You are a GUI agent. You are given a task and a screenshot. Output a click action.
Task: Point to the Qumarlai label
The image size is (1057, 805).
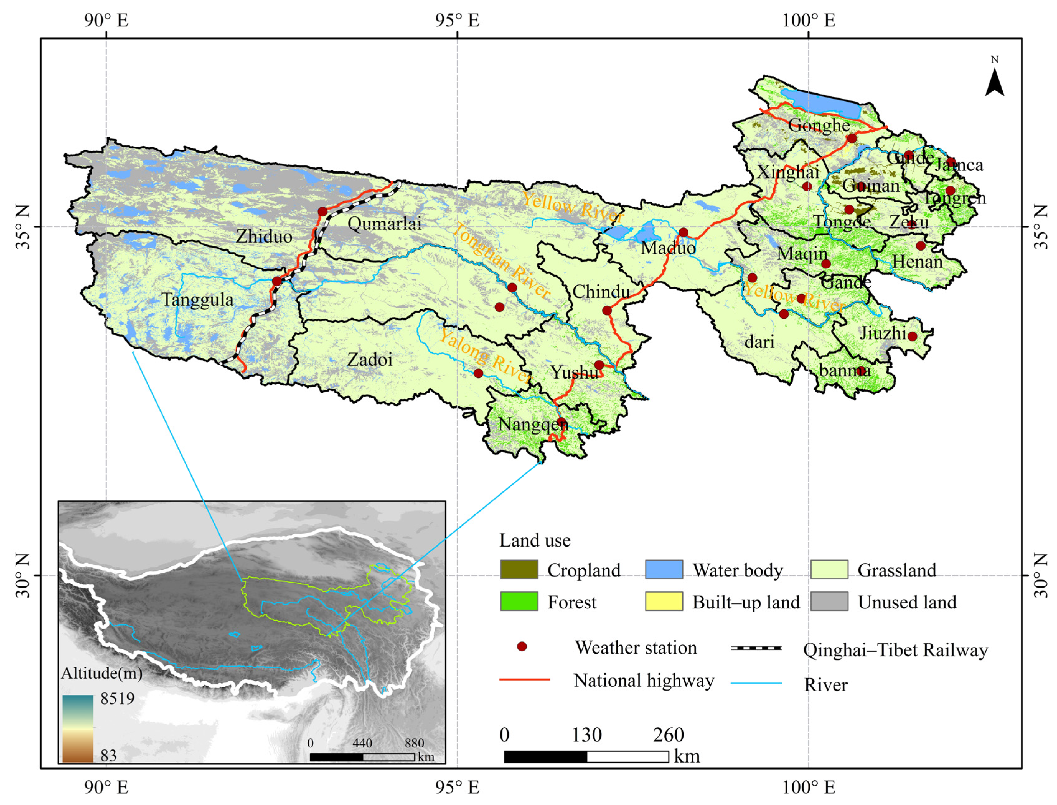pyautogui.click(x=384, y=224)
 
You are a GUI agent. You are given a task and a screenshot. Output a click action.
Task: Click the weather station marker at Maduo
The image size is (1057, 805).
pyautogui.click(x=684, y=233)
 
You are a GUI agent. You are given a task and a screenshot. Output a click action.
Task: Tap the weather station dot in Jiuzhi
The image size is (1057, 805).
pyautogui.click(x=912, y=336)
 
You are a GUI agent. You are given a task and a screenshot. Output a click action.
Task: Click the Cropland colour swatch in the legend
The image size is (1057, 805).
pyautogui.click(x=519, y=570)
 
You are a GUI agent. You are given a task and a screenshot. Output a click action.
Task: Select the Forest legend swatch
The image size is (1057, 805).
pyautogui.click(x=519, y=601)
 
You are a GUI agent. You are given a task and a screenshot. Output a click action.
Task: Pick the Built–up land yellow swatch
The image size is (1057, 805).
pyautogui.click(x=664, y=601)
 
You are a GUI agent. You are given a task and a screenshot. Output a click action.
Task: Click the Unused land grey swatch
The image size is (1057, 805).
pyautogui.click(x=829, y=601)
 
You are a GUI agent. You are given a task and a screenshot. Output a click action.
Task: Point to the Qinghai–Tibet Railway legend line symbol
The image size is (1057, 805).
pyautogui.click(x=756, y=648)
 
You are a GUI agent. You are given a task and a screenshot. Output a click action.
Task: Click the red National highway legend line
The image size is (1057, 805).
pyautogui.click(x=524, y=679)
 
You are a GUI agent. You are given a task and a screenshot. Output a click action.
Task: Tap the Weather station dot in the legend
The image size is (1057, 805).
pyautogui.click(x=522, y=647)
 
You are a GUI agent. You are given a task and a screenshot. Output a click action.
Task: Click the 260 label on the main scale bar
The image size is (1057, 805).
pyautogui.click(x=668, y=735)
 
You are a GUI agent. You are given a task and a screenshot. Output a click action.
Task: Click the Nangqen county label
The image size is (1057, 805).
pyautogui.click(x=533, y=425)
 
